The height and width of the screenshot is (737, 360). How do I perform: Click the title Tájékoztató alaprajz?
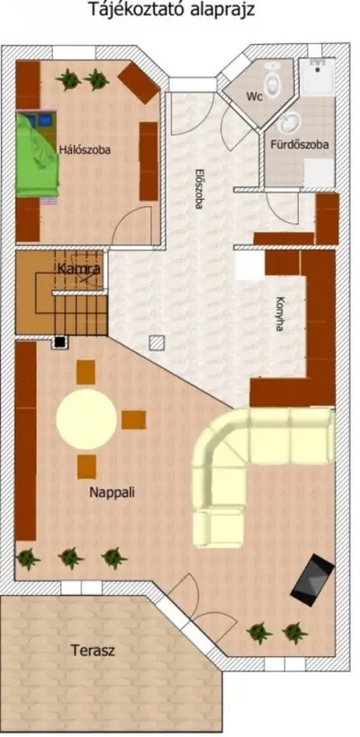[172, 9]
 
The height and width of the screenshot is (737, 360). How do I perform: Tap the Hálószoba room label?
[85, 150]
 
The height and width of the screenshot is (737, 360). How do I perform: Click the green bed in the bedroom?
[38, 155]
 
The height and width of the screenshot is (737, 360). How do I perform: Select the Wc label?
[255, 96]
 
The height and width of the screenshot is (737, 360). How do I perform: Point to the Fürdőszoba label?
[300, 145]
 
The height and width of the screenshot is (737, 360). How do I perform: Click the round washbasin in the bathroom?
[287, 123]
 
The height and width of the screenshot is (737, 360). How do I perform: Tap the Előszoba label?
[199, 188]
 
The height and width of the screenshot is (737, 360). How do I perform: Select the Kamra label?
[79, 270]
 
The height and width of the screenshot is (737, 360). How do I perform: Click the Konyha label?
[280, 313]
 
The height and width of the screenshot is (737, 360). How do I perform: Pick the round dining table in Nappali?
[86, 418]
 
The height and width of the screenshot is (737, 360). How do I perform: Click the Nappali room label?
[112, 492]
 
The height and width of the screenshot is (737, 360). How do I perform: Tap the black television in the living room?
[312, 580]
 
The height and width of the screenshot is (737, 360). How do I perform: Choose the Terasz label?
[93, 651]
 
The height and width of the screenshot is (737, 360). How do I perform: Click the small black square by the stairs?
[59, 342]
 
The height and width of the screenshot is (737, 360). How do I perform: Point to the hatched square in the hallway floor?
[157, 343]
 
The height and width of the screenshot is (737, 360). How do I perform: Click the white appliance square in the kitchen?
[250, 265]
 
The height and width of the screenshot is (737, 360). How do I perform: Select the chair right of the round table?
[134, 419]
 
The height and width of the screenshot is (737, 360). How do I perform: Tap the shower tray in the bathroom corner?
[319, 76]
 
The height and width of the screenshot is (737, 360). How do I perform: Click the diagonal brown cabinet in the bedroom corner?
[139, 83]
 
